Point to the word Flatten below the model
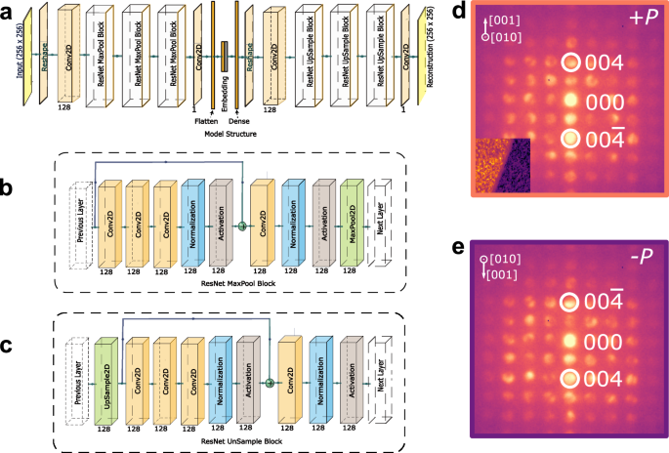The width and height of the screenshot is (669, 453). (x=205, y=121)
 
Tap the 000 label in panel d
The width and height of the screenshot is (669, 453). (x=605, y=101)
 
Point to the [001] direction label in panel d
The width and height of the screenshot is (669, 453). (x=509, y=21)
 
